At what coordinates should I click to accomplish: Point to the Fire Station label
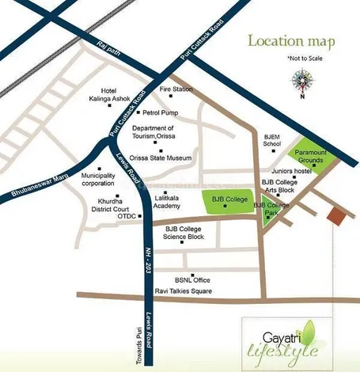point(176,89)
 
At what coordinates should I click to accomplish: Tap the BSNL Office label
point(191,280)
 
